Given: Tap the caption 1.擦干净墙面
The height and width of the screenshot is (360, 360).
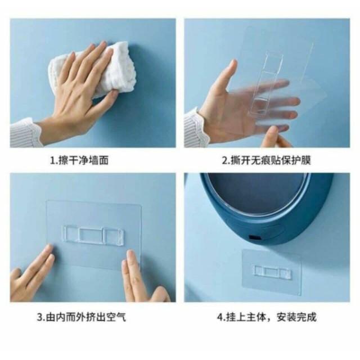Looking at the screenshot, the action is [79, 160].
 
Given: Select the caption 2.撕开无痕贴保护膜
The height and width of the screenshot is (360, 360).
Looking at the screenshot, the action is [266, 160].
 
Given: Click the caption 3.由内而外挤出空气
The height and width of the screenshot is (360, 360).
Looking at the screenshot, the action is [82, 317].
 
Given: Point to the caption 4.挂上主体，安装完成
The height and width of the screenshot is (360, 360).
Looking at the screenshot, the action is [267, 317].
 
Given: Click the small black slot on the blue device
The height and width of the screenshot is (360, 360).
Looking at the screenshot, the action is [254, 237].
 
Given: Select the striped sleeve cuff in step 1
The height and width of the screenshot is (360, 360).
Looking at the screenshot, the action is [25, 133].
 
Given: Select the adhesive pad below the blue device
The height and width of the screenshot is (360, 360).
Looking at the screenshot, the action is [272, 272].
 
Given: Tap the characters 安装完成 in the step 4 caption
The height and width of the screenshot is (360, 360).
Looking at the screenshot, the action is [296, 317].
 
